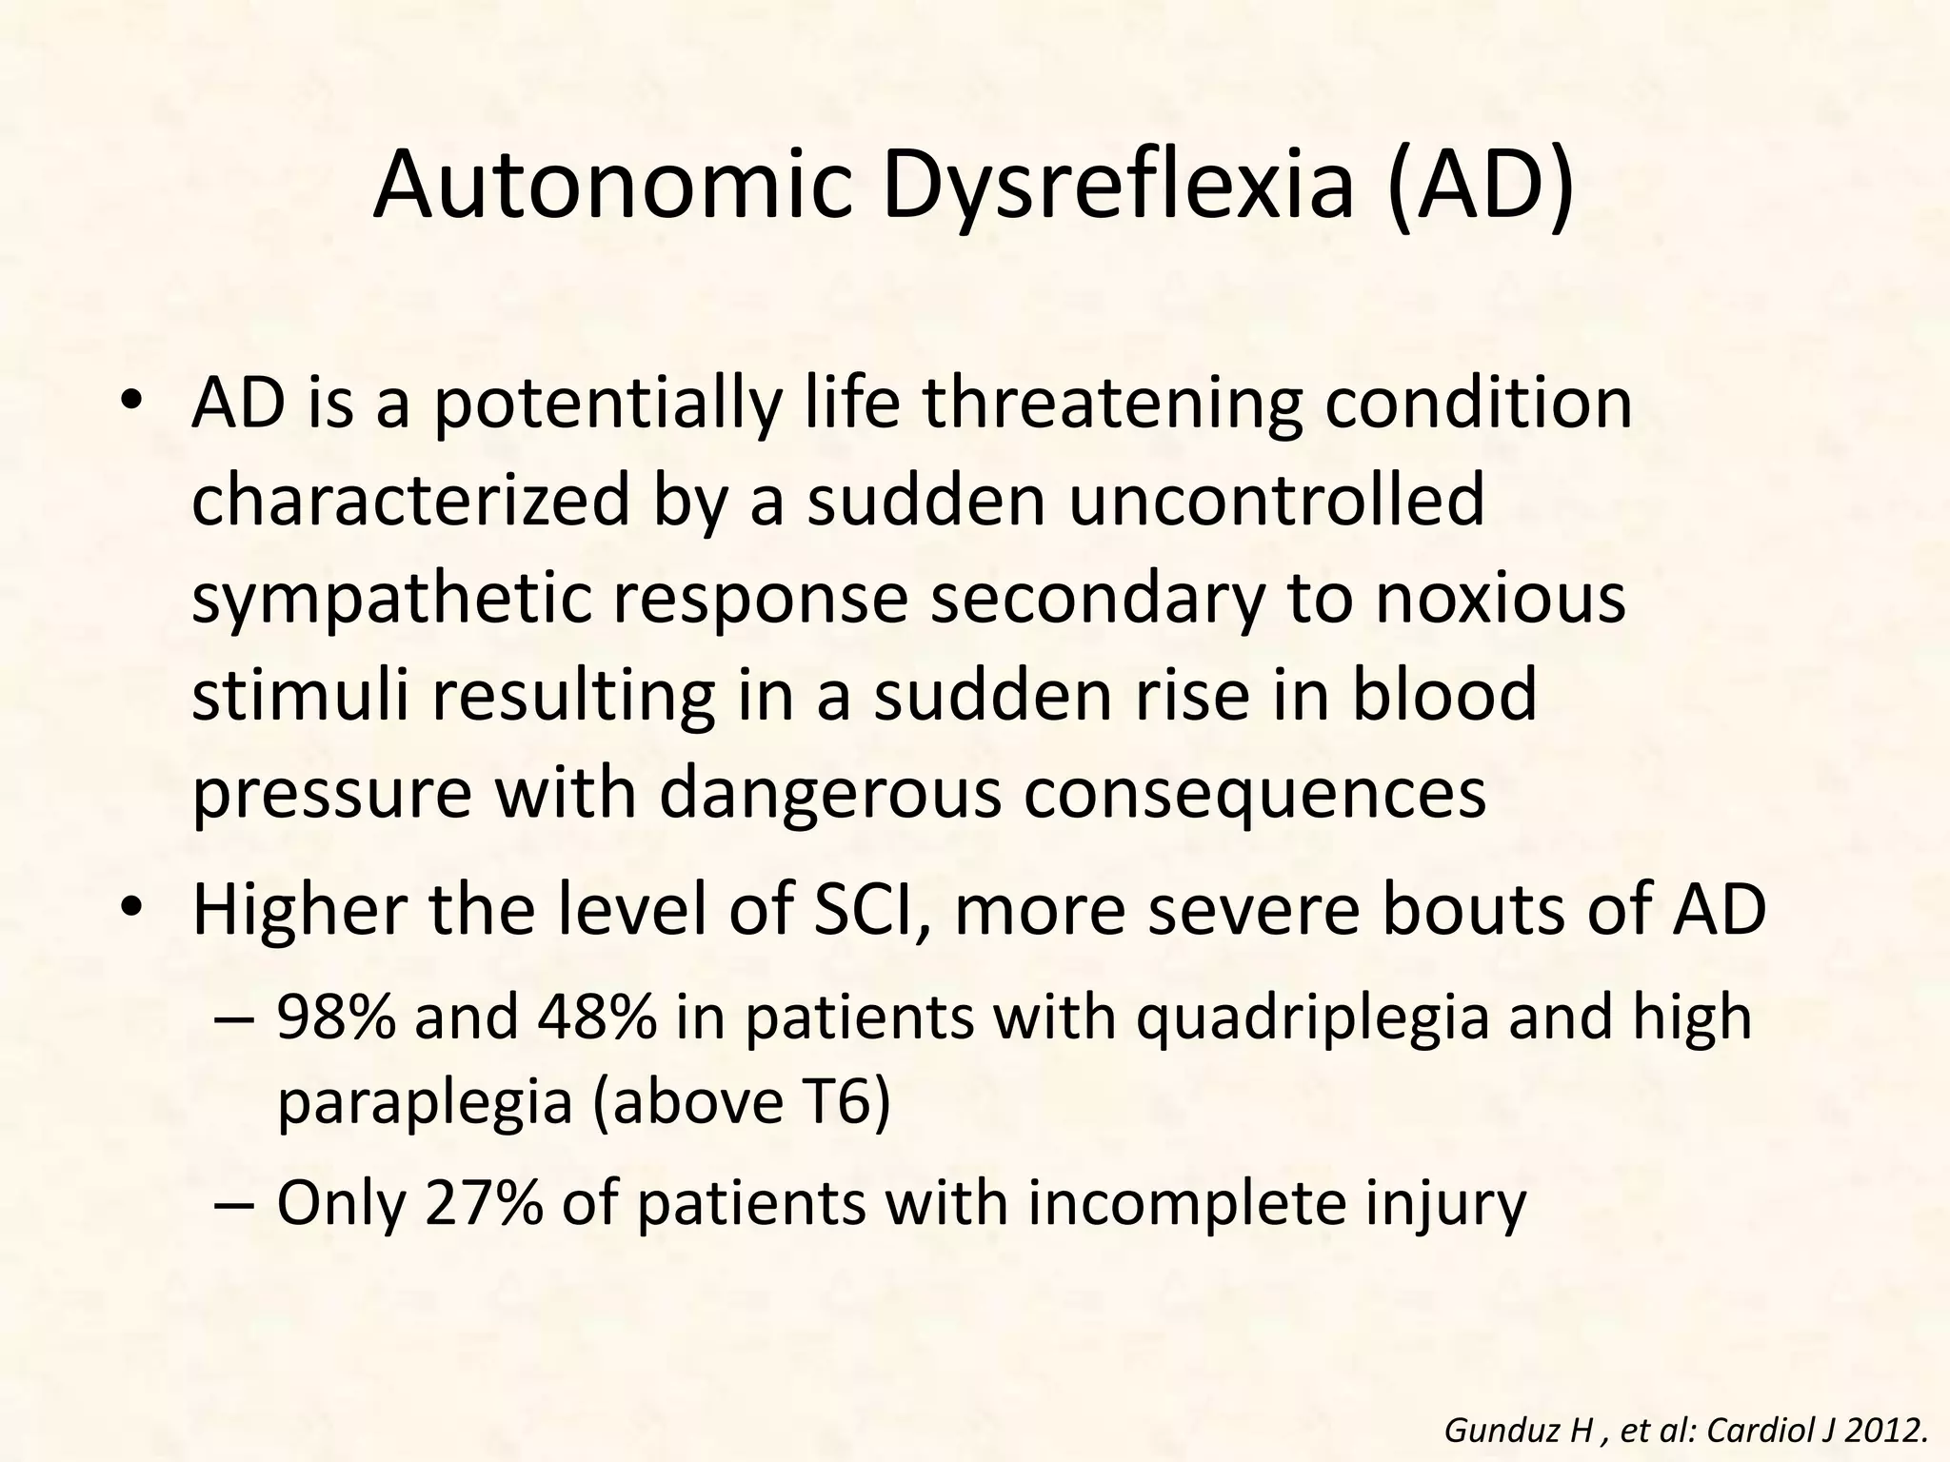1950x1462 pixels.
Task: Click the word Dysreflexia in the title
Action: (x=1118, y=186)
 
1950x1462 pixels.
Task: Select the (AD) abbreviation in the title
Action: (x=1481, y=186)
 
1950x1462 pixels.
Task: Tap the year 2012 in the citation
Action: (x=1891, y=1430)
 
